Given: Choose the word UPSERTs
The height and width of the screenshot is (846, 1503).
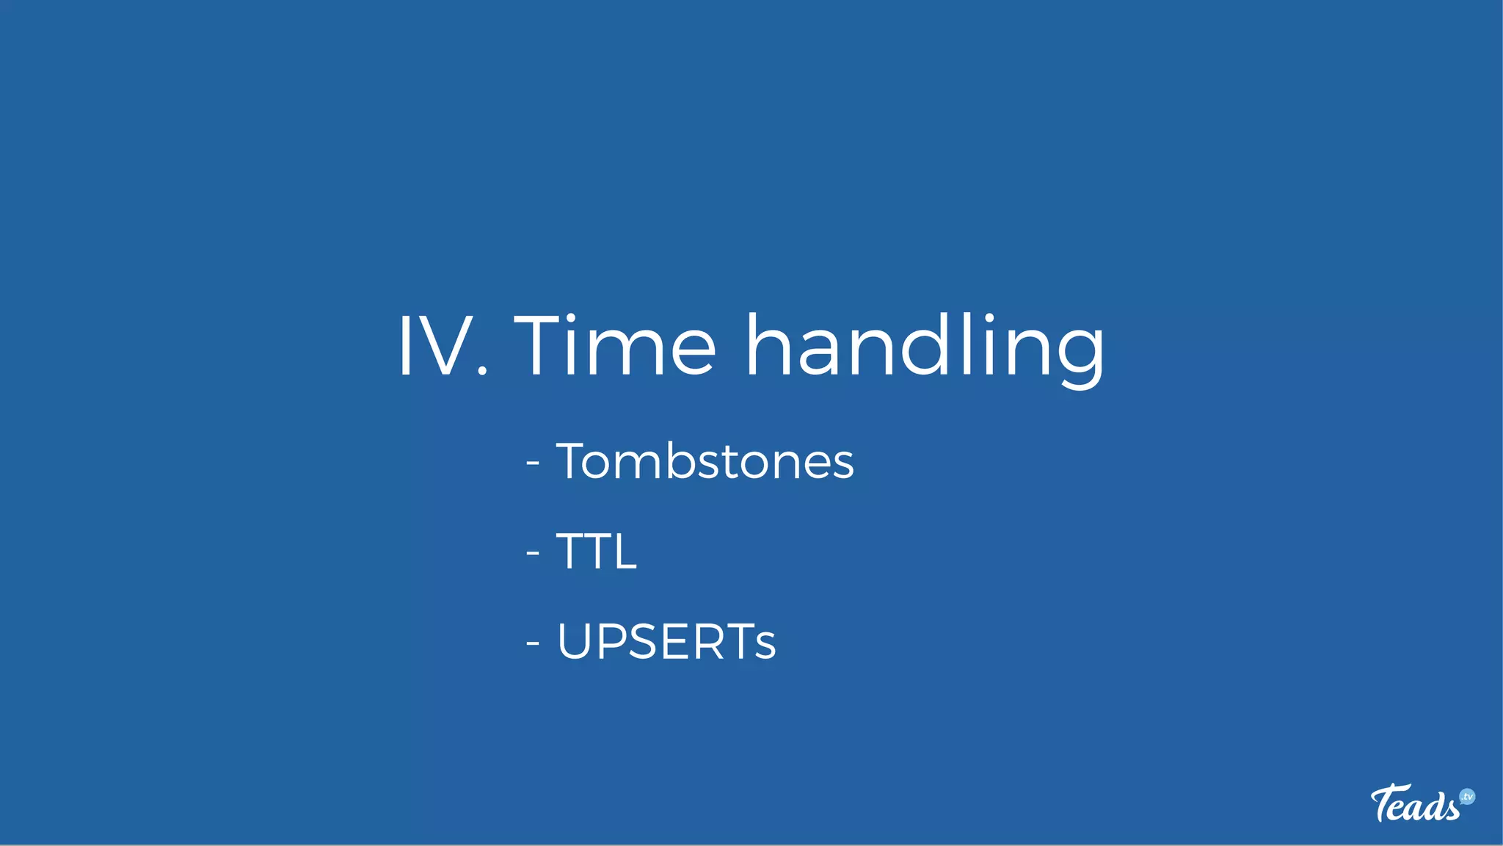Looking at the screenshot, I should [666, 641].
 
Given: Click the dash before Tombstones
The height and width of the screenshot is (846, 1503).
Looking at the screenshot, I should [534, 463].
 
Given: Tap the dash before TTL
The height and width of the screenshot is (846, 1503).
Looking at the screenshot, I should [534, 553].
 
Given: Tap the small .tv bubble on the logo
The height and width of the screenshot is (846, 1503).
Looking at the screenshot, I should [1467, 797].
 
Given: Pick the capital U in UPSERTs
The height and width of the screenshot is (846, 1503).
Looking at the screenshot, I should [576, 641].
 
